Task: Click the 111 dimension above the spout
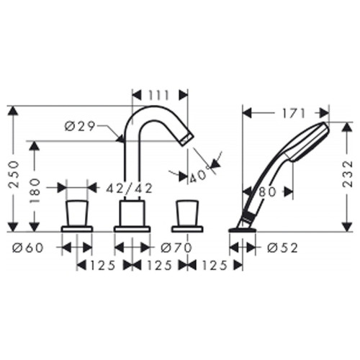click(x=159, y=96)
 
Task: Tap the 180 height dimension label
click(x=35, y=191)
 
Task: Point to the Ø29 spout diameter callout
click(x=80, y=126)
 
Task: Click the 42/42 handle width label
click(x=130, y=189)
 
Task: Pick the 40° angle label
click(x=198, y=176)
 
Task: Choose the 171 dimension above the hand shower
click(x=293, y=113)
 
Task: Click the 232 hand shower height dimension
click(x=348, y=174)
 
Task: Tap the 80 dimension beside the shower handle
click(x=268, y=192)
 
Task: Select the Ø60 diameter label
click(x=28, y=248)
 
